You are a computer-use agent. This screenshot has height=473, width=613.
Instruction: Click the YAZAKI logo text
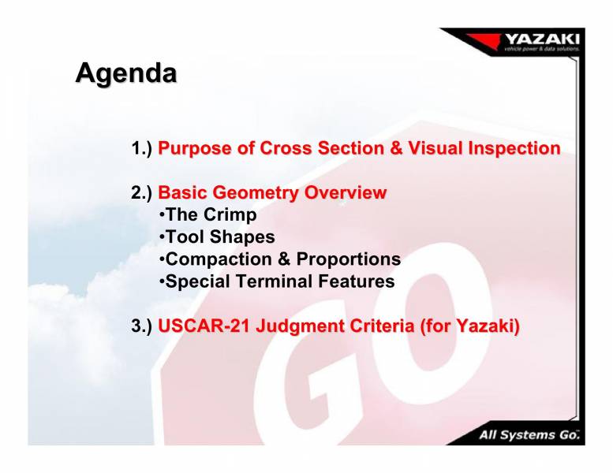(542, 37)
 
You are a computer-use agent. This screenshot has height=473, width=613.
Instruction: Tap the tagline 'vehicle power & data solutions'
(541, 49)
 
